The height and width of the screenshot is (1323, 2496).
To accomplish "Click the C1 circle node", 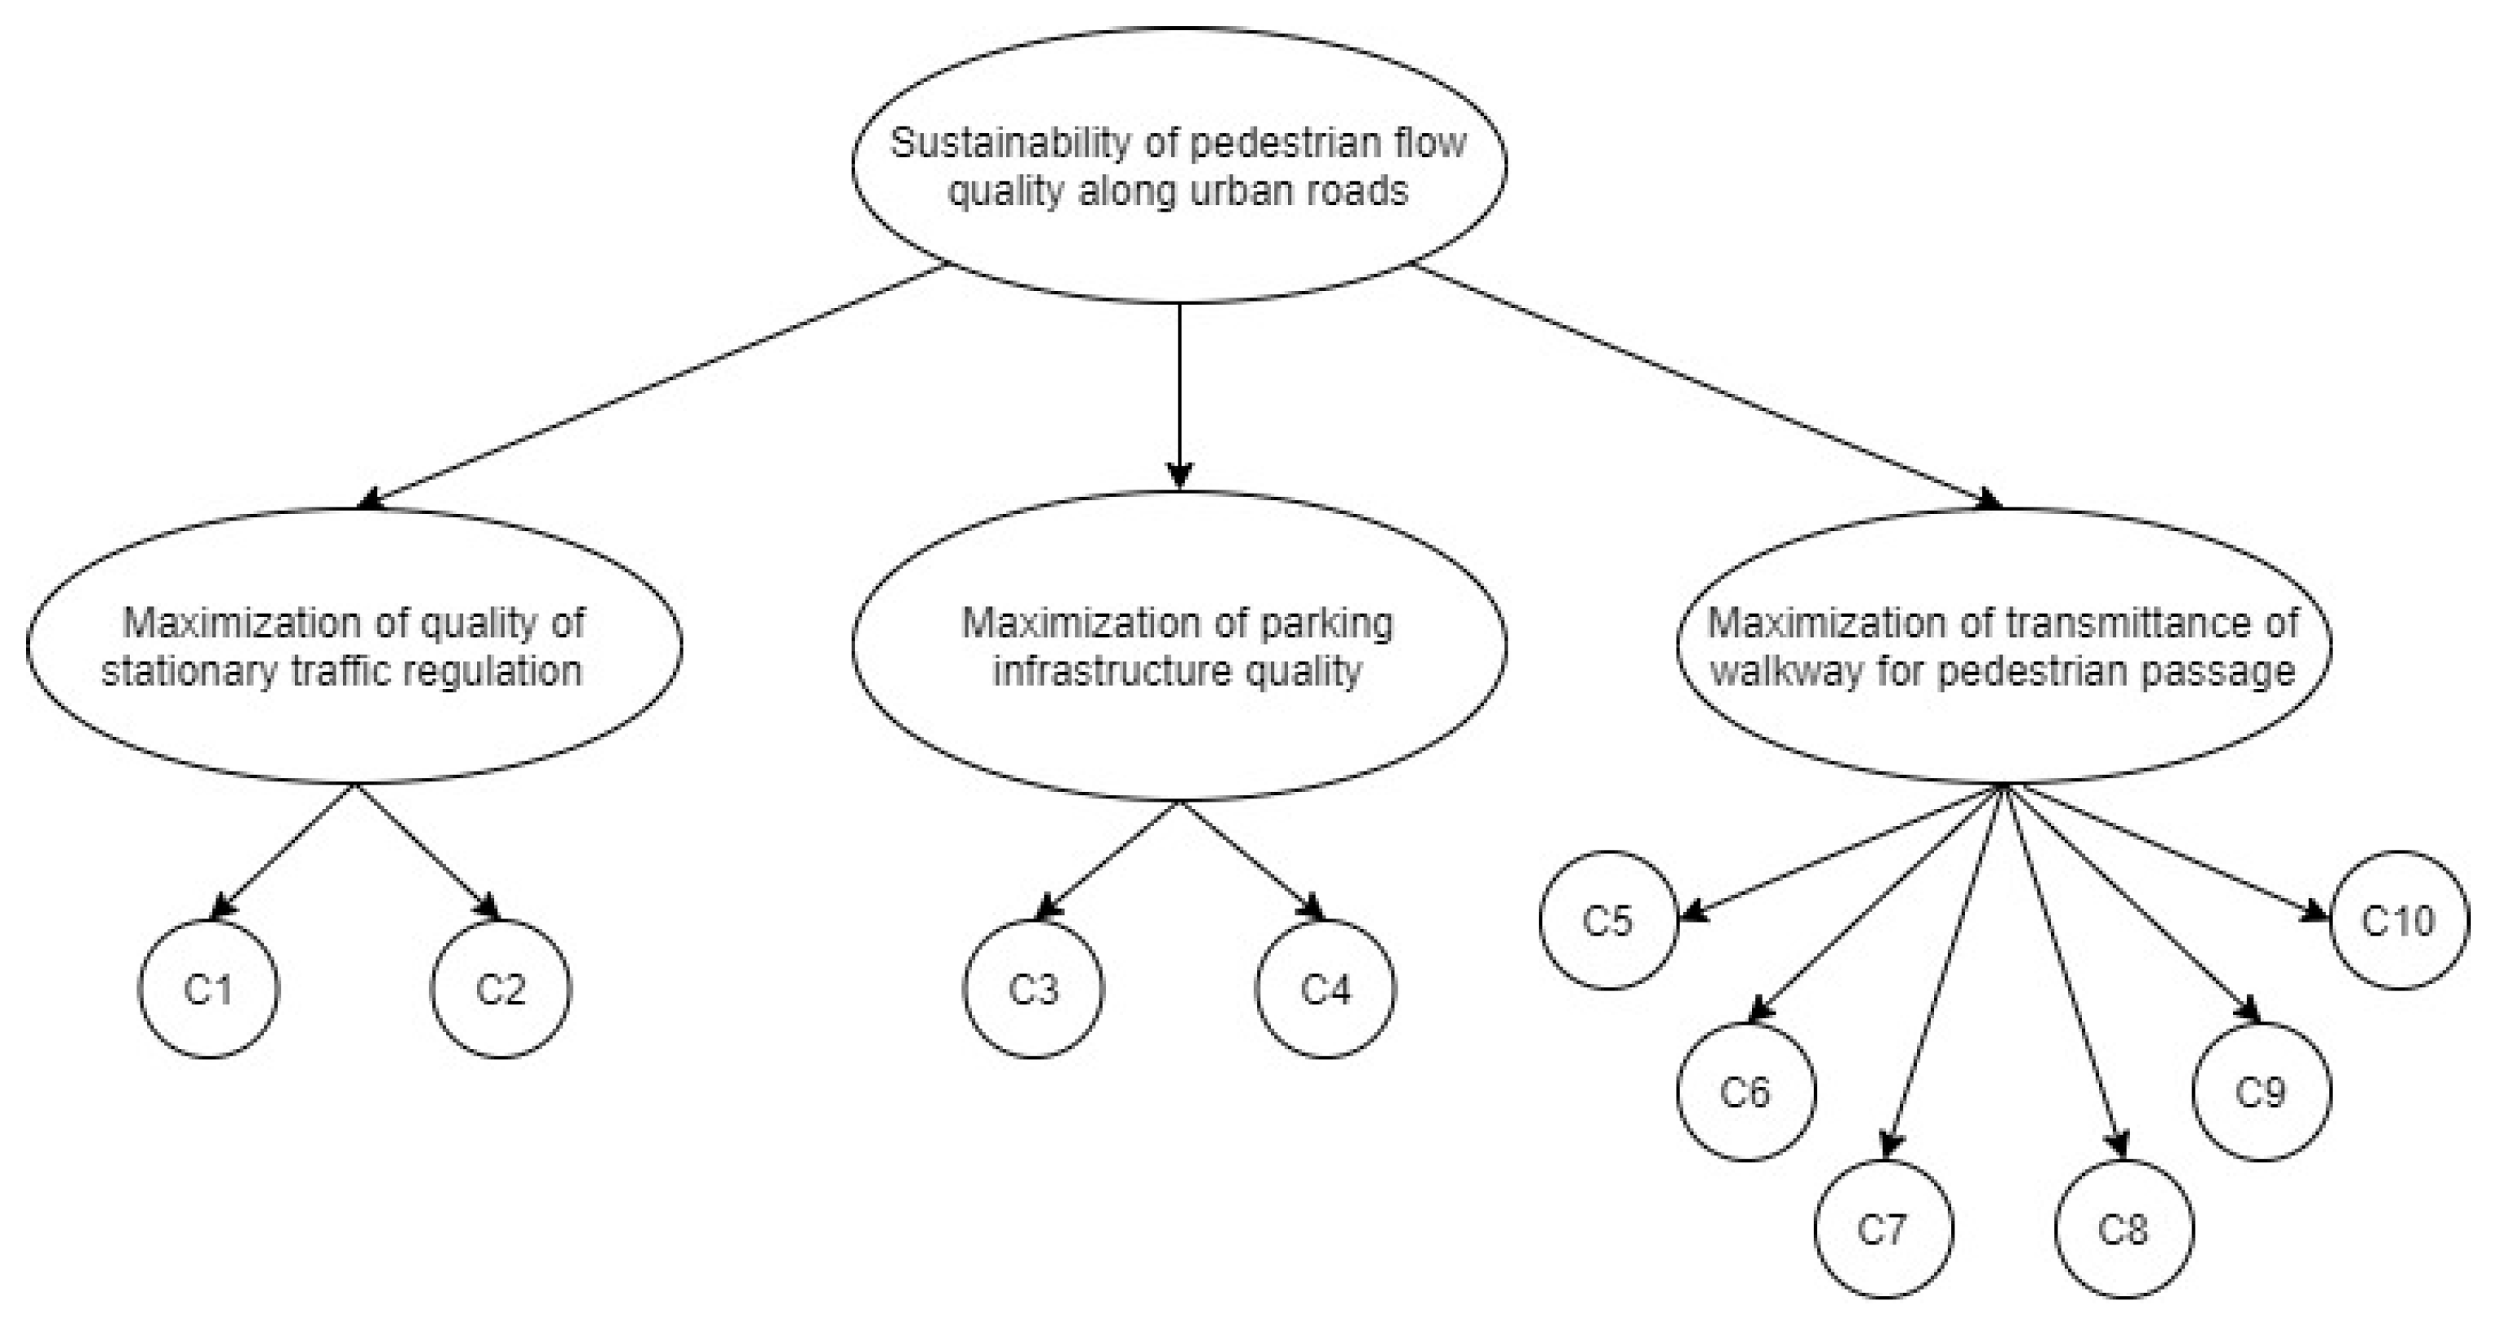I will (208, 989).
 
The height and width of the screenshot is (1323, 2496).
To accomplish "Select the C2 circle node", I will (500, 989).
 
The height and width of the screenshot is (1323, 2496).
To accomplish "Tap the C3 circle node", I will (1033, 989).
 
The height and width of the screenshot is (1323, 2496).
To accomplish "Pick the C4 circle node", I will (1326, 989).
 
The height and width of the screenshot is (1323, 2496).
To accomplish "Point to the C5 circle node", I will (1607, 920).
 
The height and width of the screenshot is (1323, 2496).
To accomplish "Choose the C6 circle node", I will (1745, 1093).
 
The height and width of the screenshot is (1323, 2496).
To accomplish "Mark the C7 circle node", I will (1883, 1230).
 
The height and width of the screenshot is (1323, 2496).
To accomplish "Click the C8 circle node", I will (2123, 1230).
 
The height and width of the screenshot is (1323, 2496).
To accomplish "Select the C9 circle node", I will (2261, 1093).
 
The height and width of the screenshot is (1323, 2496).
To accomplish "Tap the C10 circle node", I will (2398, 920).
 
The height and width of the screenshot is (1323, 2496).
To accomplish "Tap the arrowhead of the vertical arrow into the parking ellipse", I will (1179, 476).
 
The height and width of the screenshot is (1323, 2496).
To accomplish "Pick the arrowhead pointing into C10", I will (2315, 913).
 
